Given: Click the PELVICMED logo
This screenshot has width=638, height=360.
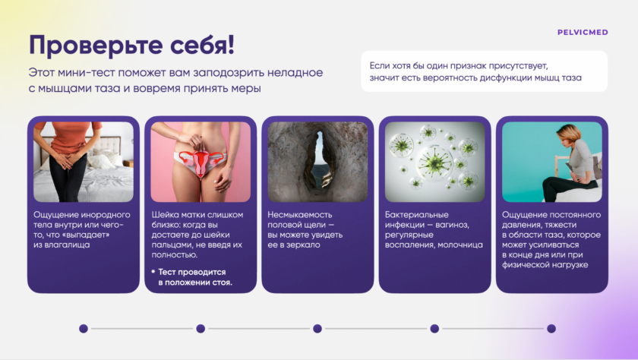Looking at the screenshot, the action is click(x=583, y=33).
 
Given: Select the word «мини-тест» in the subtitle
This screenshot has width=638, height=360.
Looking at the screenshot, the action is click(x=87, y=73).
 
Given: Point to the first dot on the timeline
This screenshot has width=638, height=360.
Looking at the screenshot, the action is click(x=84, y=328).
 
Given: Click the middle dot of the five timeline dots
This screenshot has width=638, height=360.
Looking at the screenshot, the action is click(x=317, y=328).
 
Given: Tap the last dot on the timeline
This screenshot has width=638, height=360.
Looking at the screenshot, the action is click(x=551, y=328).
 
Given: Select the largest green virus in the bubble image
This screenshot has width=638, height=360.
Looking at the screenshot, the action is click(x=435, y=162).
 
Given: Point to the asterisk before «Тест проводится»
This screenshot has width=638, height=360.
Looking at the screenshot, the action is click(x=153, y=271).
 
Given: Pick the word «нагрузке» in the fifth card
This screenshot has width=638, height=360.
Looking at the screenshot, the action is click(x=569, y=265).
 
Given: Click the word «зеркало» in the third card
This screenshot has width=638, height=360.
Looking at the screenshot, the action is click(x=304, y=245).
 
